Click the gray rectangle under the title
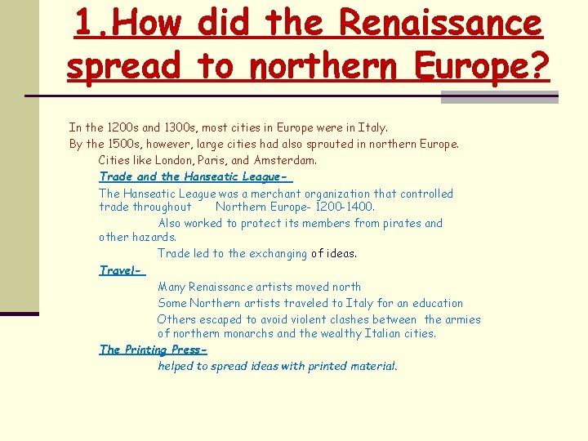click(499, 97)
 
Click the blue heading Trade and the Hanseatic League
click(194, 176)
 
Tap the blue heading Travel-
click(121, 269)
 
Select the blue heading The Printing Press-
click(153, 350)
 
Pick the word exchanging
click(273, 253)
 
